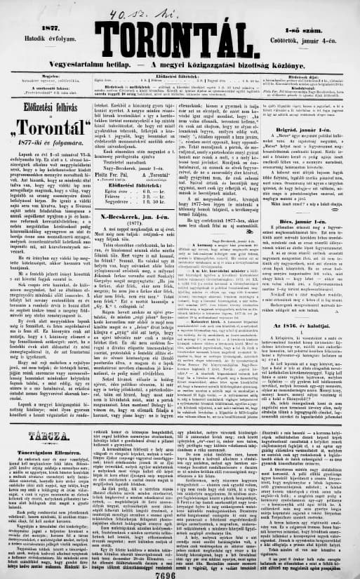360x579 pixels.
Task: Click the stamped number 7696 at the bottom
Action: point(180,571)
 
